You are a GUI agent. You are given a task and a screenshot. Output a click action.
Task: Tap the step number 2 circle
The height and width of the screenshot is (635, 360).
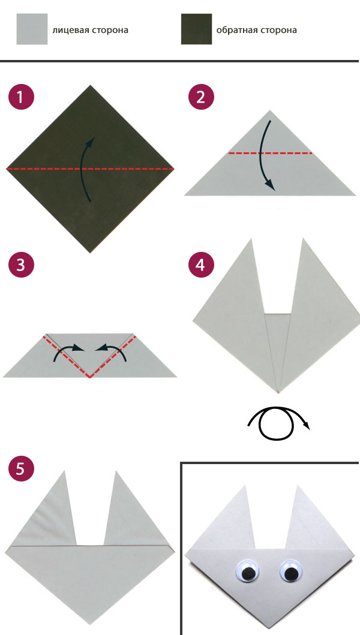(201, 97)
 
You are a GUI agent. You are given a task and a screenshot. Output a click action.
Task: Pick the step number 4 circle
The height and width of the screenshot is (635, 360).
(201, 265)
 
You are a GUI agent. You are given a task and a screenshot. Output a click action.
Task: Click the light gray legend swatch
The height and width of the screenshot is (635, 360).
(32, 29)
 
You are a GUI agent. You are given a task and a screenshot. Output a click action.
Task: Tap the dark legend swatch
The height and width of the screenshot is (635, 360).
(196, 29)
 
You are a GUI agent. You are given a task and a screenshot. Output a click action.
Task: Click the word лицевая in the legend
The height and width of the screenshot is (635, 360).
(67, 30)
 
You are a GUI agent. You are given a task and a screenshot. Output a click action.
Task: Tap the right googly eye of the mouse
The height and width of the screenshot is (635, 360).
(290, 571)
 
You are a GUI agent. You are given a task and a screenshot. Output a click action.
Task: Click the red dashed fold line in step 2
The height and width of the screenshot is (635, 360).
(271, 153)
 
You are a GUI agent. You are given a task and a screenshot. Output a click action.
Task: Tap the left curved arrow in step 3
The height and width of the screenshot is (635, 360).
(66, 348)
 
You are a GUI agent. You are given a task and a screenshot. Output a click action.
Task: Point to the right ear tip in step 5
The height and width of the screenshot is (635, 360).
(116, 471)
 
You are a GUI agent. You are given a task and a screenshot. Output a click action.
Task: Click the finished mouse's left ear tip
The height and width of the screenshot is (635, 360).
(245, 486)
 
